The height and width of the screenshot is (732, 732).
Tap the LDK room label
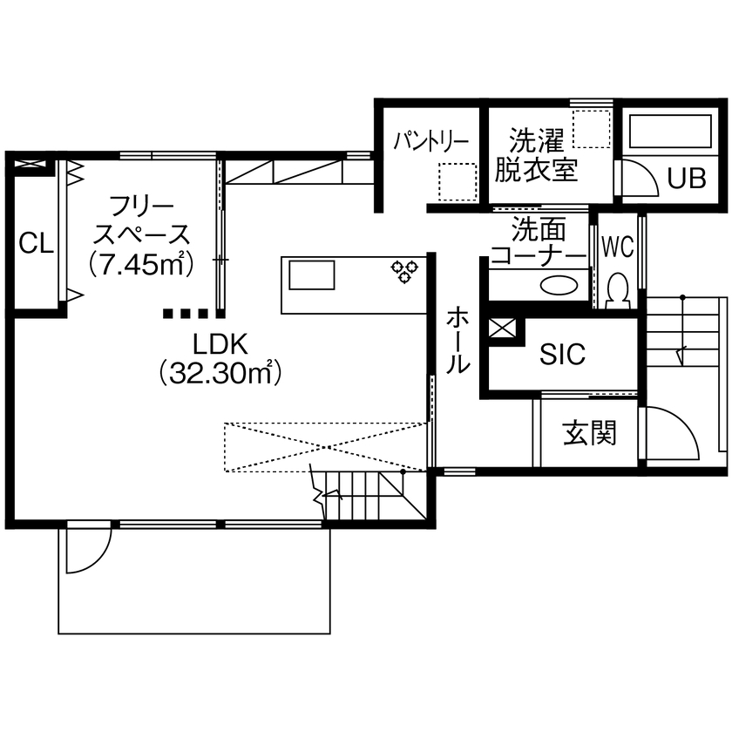(x=221, y=342)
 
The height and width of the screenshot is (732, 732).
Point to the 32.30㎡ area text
(x=221, y=373)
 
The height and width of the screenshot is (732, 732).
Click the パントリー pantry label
(x=430, y=140)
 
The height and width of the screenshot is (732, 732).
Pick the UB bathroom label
(x=686, y=178)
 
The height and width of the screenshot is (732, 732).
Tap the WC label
(x=617, y=247)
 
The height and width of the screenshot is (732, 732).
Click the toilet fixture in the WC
(x=618, y=289)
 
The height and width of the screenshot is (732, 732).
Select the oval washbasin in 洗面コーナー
(x=558, y=285)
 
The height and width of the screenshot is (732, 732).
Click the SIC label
(x=562, y=355)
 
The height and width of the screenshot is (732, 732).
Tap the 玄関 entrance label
(x=589, y=433)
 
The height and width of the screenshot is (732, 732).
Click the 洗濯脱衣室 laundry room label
(x=537, y=154)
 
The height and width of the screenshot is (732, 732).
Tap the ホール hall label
(x=458, y=339)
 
